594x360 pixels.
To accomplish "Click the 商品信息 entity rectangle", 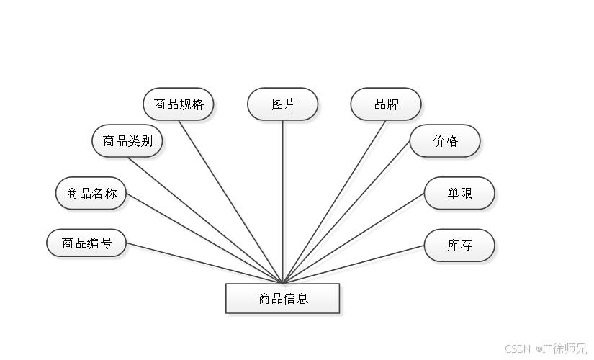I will click(x=283, y=299).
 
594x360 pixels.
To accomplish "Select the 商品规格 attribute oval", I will click(x=179, y=104).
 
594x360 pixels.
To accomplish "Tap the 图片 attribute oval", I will click(x=283, y=104).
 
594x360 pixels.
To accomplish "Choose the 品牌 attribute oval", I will click(x=386, y=104).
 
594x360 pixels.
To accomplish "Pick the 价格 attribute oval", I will click(x=445, y=142).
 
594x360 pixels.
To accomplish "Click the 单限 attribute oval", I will click(x=459, y=194).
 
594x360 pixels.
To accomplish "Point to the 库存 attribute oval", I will click(x=459, y=246).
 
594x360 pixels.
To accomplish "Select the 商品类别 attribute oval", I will click(x=127, y=142).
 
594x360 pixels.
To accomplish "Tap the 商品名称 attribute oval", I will click(x=91, y=194).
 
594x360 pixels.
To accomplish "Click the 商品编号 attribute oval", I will click(x=86, y=243).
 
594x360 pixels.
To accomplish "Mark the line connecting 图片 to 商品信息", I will click(x=284, y=202).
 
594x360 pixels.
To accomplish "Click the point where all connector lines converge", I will click(x=284, y=282).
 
